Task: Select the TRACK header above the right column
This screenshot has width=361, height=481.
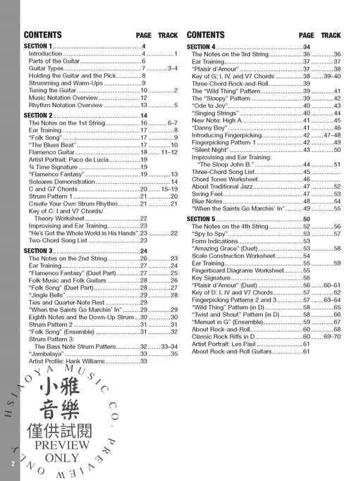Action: point(330,35)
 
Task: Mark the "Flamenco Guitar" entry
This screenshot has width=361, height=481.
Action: point(51,152)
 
